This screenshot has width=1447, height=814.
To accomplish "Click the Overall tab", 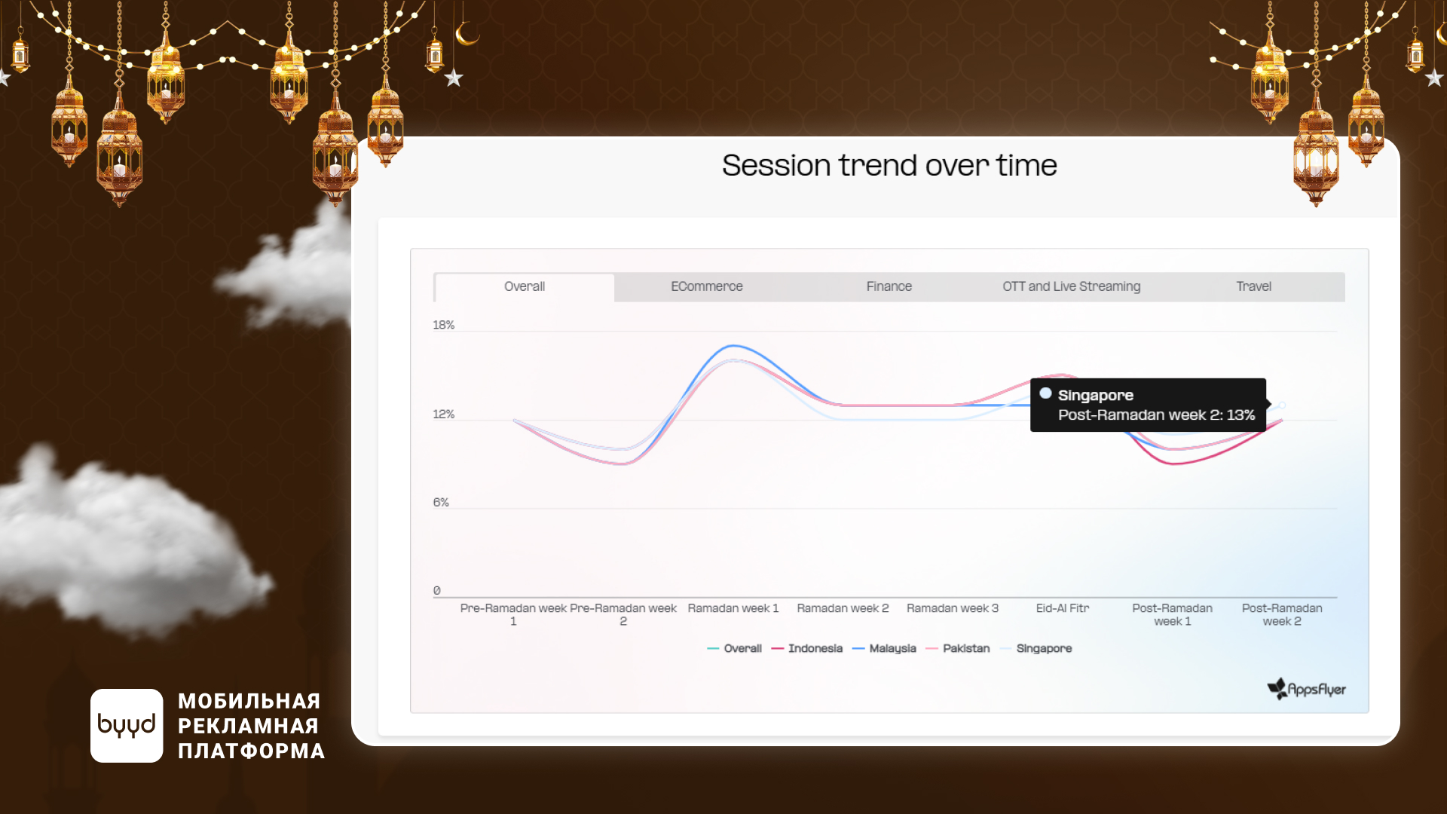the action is pos(525,286).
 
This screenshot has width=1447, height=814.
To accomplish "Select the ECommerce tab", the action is pos(707,286).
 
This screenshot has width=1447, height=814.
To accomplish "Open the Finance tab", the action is pos(889,286).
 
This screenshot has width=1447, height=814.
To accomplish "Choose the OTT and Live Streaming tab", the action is pos(1072,286).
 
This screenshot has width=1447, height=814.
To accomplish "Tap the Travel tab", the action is pos(1254,286).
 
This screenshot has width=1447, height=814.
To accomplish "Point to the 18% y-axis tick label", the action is pos(443,325).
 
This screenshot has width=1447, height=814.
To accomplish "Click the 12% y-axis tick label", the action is pos(443,414).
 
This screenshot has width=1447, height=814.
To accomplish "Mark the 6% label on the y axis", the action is pos(441,502).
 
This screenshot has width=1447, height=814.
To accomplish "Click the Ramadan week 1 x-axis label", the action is pos(733,608).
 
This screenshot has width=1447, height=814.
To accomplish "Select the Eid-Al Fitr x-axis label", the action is pos(1063,608).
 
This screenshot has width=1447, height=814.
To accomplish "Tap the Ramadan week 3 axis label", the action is pos(953,608).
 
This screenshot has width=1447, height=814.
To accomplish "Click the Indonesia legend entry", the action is pos(807,648).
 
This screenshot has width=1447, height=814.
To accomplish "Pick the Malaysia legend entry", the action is pos(884,648).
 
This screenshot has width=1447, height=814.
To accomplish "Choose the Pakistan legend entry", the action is pos(957,648).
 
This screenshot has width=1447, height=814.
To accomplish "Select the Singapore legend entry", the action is pos(1036,648).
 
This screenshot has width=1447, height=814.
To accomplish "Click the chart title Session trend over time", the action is pos(889,165).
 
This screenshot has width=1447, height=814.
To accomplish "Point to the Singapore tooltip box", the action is pos(1148,405).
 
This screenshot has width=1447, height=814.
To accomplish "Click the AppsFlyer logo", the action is pos(1307,689).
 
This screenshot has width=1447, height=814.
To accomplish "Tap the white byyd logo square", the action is pos(127,725).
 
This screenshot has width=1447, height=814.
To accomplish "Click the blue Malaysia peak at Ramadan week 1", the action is pos(733,346).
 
